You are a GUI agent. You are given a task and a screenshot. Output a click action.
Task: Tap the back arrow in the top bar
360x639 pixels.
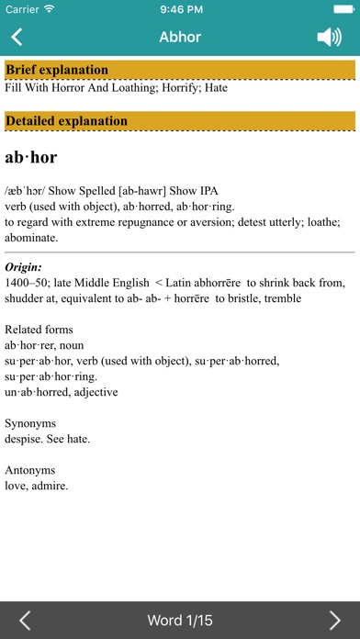(17, 38)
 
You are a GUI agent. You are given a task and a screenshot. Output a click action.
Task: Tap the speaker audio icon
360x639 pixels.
(329, 38)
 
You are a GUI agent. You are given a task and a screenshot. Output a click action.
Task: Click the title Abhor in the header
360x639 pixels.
(179, 38)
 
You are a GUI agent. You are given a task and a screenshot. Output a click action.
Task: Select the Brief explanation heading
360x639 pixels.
(57, 70)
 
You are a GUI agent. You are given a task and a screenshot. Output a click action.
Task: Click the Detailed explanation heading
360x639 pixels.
(66, 120)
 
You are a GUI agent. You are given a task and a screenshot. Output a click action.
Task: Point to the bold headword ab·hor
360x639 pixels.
(31, 157)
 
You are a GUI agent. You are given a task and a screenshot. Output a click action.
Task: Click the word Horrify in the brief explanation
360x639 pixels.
(170, 88)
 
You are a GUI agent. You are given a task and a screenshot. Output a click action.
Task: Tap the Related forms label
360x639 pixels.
(39, 329)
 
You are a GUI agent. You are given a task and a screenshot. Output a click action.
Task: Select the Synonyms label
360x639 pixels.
(30, 423)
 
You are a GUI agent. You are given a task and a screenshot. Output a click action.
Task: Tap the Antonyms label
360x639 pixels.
(30, 470)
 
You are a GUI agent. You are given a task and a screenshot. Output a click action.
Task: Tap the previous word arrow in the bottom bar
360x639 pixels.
(25, 621)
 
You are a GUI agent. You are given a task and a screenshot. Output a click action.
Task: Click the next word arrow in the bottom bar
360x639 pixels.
(335, 621)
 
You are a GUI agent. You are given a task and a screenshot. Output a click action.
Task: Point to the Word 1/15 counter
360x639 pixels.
(180, 621)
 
